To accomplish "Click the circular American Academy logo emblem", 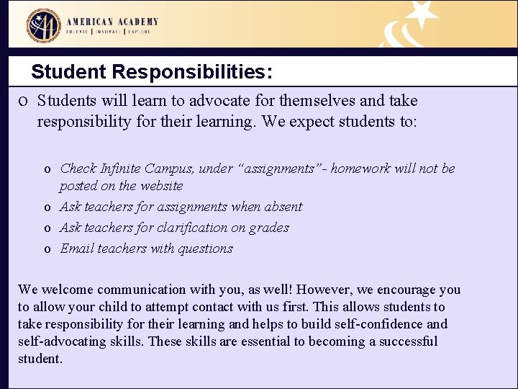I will [x=44, y=25].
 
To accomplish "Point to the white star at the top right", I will [x=422, y=14].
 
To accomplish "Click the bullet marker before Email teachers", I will [x=47, y=249].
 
